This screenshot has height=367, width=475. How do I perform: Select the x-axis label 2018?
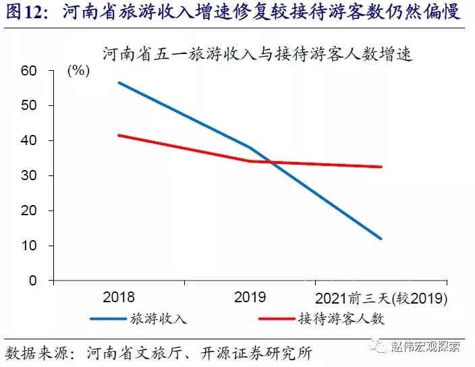pos(119,297)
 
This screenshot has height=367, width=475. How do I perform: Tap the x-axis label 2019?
pos(250,297)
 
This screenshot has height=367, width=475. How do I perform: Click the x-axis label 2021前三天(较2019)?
pos(381,297)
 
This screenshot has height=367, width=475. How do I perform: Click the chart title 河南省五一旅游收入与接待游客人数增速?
pos(257,53)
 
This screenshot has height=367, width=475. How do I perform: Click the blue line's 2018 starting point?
pos(119,82)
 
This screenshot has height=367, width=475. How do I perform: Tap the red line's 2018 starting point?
pos(119,135)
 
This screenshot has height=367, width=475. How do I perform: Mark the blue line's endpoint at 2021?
pos(381,239)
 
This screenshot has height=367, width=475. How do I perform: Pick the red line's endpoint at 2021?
pos(381,167)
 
